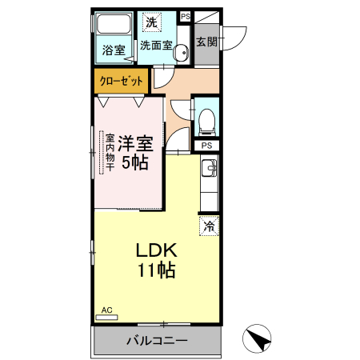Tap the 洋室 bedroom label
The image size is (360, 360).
coord(135,144)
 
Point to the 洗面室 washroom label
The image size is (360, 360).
coord(156,46)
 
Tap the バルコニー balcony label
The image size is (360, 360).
coord(157,341)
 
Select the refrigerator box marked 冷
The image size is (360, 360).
coord(209,226)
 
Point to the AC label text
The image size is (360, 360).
coord(106,310)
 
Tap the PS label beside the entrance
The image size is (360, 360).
coord(186,16)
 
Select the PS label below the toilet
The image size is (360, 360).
coord(206,146)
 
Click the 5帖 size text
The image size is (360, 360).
coord(135,162)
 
